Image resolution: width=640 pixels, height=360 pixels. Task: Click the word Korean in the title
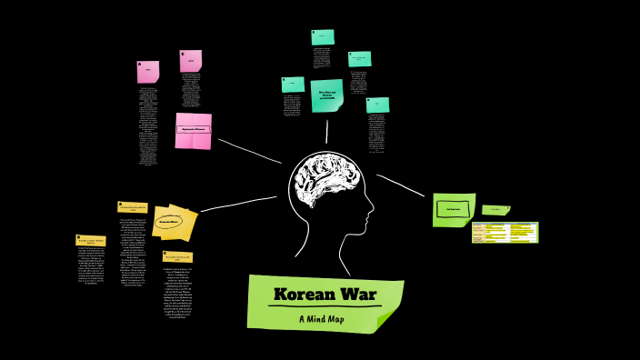pyautogui.click(x=304, y=295)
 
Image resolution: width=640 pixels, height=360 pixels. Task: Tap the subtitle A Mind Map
pyautogui.click(x=325, y=319)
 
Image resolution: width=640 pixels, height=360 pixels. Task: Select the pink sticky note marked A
pyautogui.click(x=148, y=71)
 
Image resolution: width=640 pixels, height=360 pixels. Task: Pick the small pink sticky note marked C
pyautogui.click(x=191, y=61)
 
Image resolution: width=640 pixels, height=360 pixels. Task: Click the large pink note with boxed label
pyautogui.click(x=193, y=130)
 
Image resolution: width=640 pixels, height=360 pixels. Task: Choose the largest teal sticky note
pyautogui.click(x=326, y=95)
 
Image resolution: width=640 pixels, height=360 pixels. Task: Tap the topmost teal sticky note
pyautogui.click(x=323, y=36)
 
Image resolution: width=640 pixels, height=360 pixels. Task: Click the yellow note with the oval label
pyautogui.click(x=170, y=221)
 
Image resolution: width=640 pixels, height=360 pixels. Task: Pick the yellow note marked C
pyautogui.click(x=177, y=257)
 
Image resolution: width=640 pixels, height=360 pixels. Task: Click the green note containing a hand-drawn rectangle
pyautogui.click(x=453, y=208)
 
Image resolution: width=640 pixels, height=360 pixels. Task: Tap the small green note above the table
pyautogui.click(x=495, y=210)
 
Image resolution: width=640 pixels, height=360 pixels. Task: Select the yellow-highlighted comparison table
pyautogui.click(x=505, y=232)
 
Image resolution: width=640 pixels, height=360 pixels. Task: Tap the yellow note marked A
pyautogui.click(x=133, y=208)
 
